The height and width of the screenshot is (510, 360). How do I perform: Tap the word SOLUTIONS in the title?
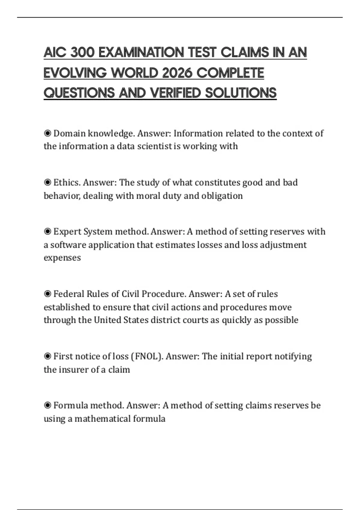(241, 93)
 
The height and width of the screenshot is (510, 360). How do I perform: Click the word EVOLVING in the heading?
(75, 73)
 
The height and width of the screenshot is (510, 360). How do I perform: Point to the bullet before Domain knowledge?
(47, 133)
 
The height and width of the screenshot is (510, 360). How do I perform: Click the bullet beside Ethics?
(47, 182)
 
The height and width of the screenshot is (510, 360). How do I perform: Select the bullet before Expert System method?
(47, 232)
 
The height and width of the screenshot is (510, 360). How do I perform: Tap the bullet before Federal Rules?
(47, 294)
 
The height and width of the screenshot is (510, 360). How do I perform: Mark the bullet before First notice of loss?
(47, 356)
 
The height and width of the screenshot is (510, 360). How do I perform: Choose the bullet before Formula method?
(47, 406)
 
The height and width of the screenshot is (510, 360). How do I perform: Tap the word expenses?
(62, 258)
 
